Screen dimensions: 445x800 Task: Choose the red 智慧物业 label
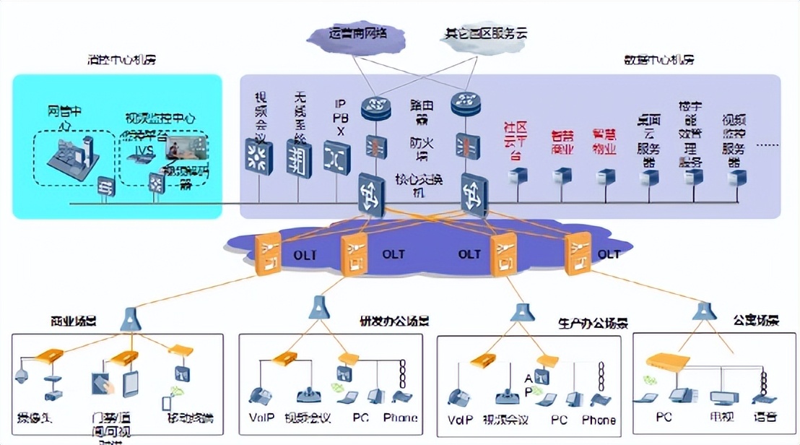[604, 142]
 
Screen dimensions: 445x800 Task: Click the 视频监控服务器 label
[735, 139]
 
